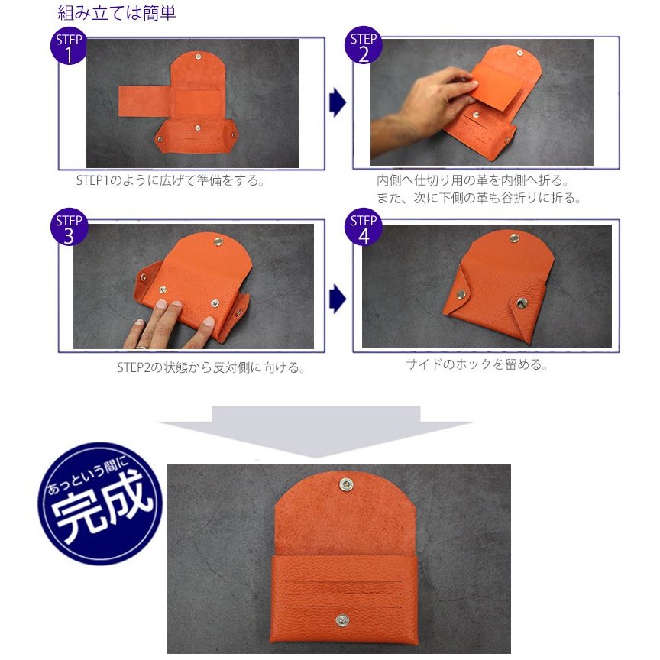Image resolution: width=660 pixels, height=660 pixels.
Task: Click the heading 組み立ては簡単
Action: pos(117,13)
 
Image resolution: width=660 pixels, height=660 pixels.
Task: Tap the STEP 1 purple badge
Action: pos(70,47)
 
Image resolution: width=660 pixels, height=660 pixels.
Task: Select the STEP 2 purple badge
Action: pos(364,47)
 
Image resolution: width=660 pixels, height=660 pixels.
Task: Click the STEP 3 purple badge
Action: pos(70,228)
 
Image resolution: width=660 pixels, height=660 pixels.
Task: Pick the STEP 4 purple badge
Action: pos(364,228)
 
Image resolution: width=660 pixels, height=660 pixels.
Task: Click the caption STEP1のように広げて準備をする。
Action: pos(170,181)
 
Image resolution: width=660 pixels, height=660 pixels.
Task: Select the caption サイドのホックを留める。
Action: pos(477,364)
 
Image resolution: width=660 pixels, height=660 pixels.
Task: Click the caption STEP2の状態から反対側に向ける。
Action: pos(211,367)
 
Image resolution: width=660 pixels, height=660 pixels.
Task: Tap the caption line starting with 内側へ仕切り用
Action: pos(473,181)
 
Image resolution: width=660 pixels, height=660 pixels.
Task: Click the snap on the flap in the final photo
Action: pos(345,484)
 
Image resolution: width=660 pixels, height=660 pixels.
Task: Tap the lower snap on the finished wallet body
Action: pos(344,619)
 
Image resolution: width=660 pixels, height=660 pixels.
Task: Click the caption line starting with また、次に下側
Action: pos(479,199)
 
